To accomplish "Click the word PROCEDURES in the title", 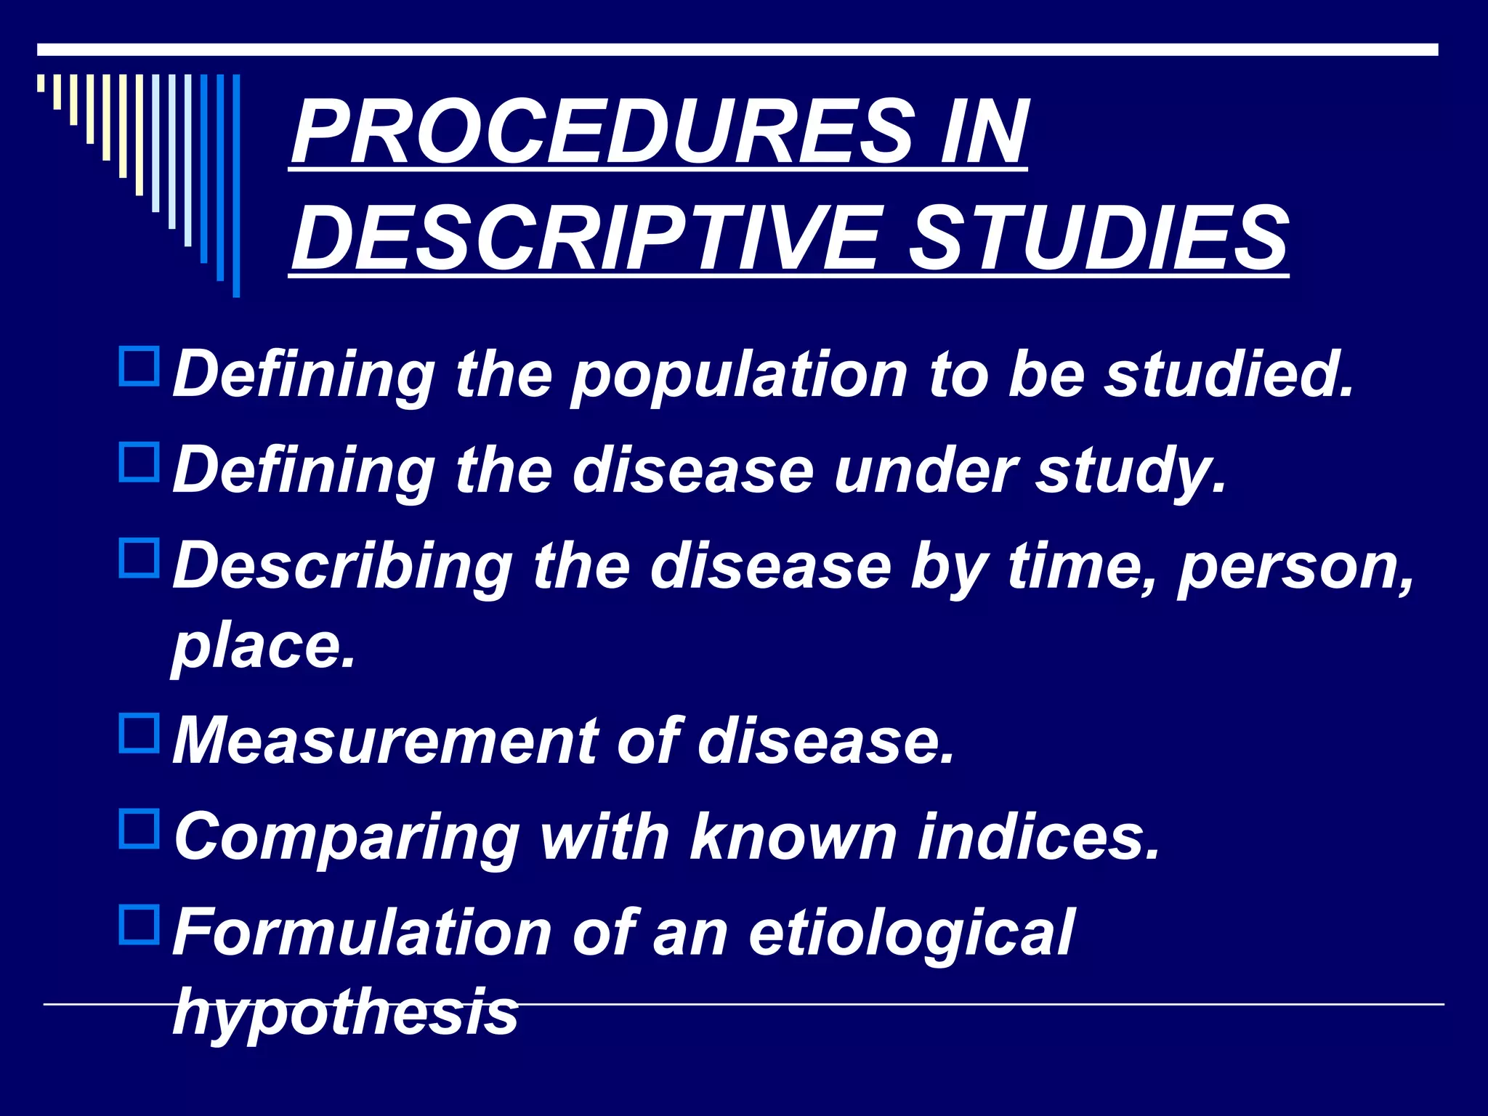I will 603,132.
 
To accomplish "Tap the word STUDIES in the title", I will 1099,237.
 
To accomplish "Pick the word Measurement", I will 385,741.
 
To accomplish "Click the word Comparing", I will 347,838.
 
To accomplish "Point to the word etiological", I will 911,934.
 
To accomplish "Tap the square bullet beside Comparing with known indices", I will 139,830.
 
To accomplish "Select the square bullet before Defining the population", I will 139,367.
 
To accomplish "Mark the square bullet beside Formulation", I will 139,925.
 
